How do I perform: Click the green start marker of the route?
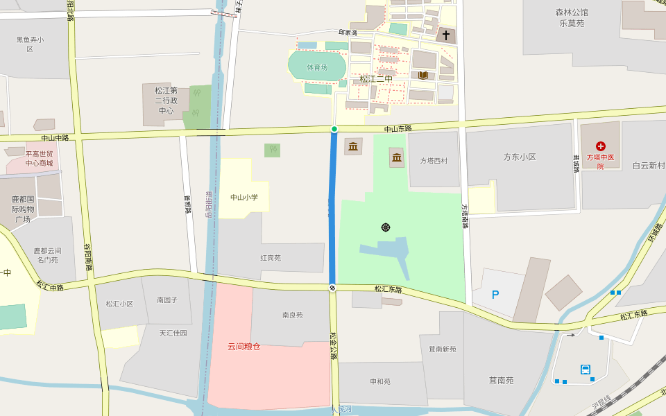tap(334, 129)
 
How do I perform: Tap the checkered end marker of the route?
tap(333, 288)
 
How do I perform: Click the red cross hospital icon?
tap(601, 146)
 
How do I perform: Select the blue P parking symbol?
tap(495, 295)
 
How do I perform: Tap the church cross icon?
tap(446, 35)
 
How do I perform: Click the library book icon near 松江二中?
tap(422, 75)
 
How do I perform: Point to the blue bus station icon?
tap(586, 370)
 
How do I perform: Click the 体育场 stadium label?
tap(317, 67)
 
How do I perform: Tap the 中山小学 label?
tap(244, 198)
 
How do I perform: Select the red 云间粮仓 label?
tap(244, 346)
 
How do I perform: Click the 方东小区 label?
tap(520, 157)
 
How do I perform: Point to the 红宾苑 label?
tap(271, 258)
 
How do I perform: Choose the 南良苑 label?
tap(292, 315)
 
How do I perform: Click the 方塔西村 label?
tap(434, 161)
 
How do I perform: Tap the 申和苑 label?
tap(380, 381)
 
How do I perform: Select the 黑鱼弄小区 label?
tap(31, 44)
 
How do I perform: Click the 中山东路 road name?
tap(398, 129)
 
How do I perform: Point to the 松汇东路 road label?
tap(388, 289)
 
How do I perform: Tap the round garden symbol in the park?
tap(386, 227)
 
